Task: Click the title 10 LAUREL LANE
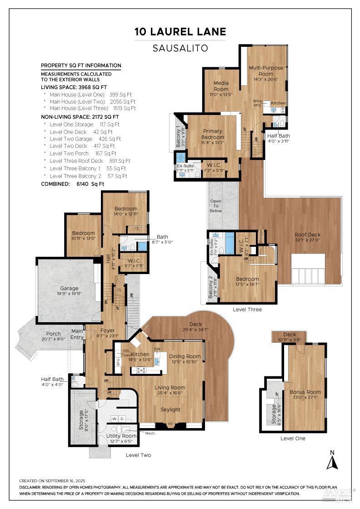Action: pos(180,31)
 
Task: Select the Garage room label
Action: pos(69,288)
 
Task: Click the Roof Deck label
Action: pos(308,235)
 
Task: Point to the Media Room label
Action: pos(221,86)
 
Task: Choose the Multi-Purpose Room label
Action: pos(266,70)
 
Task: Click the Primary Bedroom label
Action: pos(212,134)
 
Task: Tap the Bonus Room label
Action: pos(305,392)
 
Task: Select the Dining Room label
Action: pos(185,356)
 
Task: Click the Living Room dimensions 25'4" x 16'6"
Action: pos(170,394)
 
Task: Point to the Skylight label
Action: pos(170,409)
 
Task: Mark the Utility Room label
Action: pos(121,436)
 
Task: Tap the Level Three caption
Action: pos(247,309)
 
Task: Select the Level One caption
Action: pos(293,439)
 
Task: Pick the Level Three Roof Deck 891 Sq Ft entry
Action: pos(90,161)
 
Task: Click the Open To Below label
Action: pos(215,206)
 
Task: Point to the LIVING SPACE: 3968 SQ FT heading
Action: pos(74,87)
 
